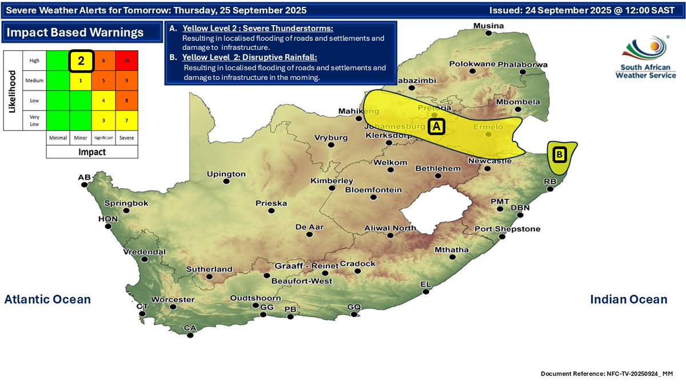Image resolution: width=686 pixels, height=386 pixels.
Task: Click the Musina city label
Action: coord(489,26)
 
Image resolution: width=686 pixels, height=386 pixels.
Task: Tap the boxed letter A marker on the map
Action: coord(437,126)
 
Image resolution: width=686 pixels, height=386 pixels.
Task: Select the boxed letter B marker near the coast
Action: coord(560,154)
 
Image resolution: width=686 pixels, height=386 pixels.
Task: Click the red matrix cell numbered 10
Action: coord(126,61)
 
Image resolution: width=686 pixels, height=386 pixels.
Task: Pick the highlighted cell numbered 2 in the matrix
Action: coord(81,61)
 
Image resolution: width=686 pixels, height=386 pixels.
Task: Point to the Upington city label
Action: coord(226,174)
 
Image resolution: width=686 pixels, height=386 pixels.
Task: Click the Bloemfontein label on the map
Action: coord(373,190)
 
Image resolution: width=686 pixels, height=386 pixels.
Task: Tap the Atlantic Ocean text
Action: coord(47,299)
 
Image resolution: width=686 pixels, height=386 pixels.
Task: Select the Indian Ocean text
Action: coord(628,299)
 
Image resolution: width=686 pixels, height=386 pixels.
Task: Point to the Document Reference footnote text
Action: coord(607,373)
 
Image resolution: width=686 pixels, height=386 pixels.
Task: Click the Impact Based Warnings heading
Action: coord(75,33)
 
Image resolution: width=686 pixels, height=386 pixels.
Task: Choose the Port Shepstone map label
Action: coord(507,229)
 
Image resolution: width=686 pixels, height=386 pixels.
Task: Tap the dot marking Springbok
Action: coord(126,211)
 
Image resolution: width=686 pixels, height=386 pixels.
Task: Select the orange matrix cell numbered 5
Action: coord(103,81)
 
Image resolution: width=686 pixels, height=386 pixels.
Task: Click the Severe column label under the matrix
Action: coord(126,138)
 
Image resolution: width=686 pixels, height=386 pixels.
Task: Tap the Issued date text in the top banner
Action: coord(585,10)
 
